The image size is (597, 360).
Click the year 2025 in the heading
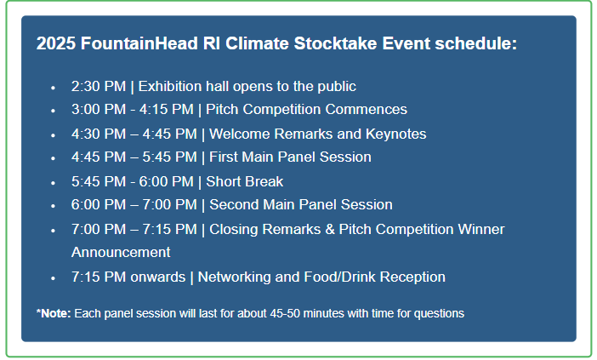point(56,43)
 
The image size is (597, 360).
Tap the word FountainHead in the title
point(139,43)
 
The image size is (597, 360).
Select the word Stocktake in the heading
point(335,43)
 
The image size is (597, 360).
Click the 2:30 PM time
point(99,87)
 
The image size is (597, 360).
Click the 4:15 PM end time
point(167,109)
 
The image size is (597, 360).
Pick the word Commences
point(367,109)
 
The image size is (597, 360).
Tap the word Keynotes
point(396,134)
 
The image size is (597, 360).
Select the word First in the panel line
point(224,157)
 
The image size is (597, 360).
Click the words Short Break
point(244,182)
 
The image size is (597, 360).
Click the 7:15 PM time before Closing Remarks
point(170,229)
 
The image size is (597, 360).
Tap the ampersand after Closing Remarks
point(330,229)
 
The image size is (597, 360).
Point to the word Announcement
point(121,252)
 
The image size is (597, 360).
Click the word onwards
point(157,277)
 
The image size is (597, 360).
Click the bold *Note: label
point(54,313)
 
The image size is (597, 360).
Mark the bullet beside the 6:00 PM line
point(53,206)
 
